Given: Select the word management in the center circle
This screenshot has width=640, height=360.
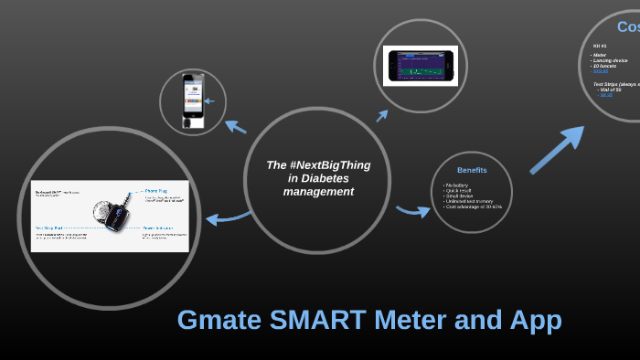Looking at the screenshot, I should click(x=317, y=192).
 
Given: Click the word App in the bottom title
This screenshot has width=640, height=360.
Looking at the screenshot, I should click(x=532, y=320).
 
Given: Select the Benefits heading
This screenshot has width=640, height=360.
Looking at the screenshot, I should click(x=472, y=170).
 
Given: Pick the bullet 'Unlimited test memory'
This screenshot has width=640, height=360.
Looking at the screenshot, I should click(x=469, y=201).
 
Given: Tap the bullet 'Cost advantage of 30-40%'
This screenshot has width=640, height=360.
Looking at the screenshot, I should click(x=473, y=206).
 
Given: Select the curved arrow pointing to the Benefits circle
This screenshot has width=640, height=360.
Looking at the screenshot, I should click(x=412, y=210).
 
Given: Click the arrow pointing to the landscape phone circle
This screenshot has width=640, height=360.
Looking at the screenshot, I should click(x=381, y=115).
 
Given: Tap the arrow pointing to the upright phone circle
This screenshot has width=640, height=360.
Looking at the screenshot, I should click(x=235, y=126).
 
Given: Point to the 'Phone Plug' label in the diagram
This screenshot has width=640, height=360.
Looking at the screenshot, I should click(x=156, y=192).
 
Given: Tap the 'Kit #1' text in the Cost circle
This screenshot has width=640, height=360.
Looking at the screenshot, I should click(x=600, y=46).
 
